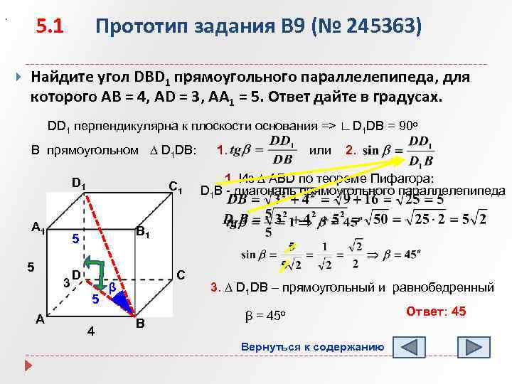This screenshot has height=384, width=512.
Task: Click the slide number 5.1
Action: point(50,27)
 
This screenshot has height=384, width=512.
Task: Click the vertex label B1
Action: point(143,231)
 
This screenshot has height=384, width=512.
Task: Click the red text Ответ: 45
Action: point(436,311)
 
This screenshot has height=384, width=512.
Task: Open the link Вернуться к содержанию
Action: point(313,347)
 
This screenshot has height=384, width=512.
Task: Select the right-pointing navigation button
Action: point(475,348)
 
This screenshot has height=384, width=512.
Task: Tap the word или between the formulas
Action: point(321,150)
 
